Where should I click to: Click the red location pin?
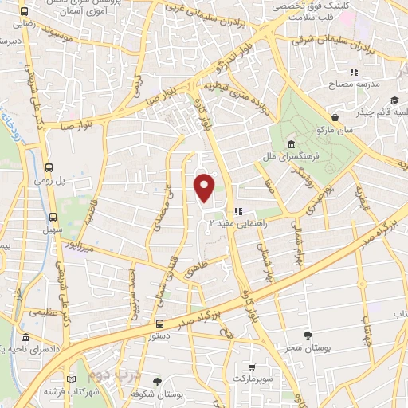pos(205,186)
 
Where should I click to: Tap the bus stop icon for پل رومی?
pos(50,167)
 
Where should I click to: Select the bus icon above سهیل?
pos(53,217)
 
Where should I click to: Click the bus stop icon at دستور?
pos(160,324)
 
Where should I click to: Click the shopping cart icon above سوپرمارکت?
pos(252,367)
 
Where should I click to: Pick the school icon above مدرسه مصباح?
pos(377,73)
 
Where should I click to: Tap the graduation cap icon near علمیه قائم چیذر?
pos(394,100)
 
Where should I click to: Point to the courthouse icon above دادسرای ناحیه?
pos(27,338)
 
